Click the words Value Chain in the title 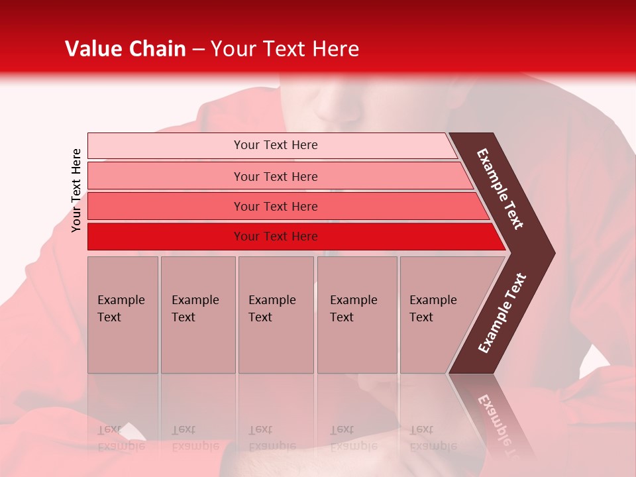pyautogui.click(x=125, y=49)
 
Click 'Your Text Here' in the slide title pyautogui.click(x=285, y=49)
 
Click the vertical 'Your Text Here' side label pyautogui.click(x=76, y=190)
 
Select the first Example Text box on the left pyautogui.click(x=123, y=315)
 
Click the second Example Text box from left pyautogui.click(x=197, y=315)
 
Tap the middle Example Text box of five pyautogui.click(x=276, y=315)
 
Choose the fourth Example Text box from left pyautogui.click(x=356, y=315)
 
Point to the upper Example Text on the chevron pyautogui.click(x=500, y=189)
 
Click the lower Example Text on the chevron pyautogui.click(x=502, y=313)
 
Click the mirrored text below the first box pyautogui.click(x=121, y=438)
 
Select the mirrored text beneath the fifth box pyautogui.click(x=433, y=438)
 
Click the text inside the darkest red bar pyautogui.click(x=276, y=237)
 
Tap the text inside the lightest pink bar pyautogui.click(x=276, y=145)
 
